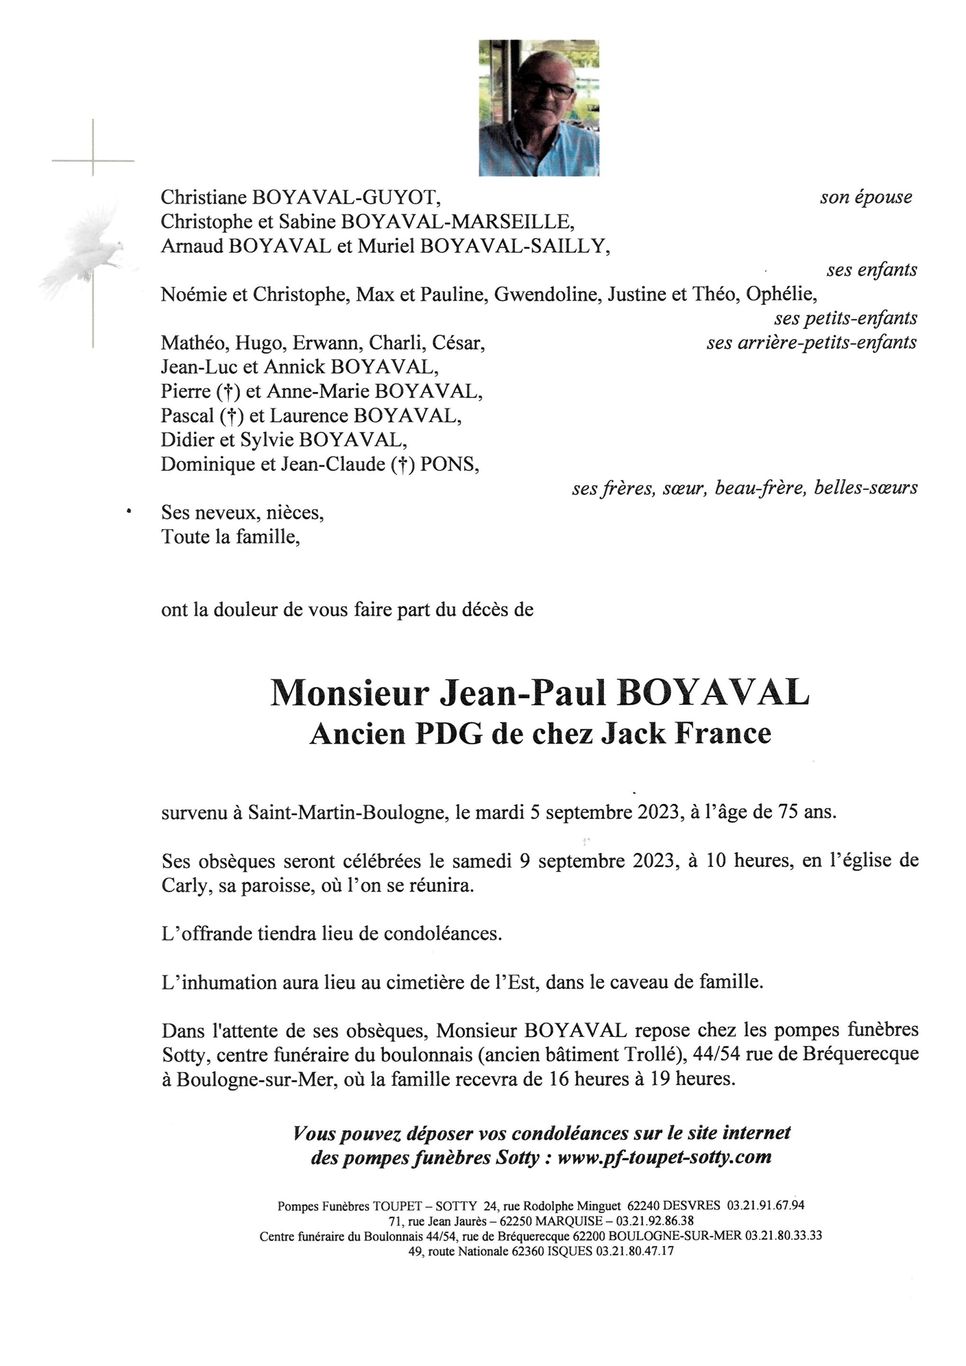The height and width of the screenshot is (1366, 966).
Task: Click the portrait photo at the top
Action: point(538,108)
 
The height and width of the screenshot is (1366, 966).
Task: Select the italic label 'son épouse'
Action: point(865,197)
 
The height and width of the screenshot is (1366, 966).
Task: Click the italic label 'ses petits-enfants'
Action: point(845,318)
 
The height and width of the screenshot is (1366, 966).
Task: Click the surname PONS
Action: point(450,464)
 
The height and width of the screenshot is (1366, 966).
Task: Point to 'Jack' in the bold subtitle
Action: point(633,734)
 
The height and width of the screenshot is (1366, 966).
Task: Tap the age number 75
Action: point(789,812)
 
